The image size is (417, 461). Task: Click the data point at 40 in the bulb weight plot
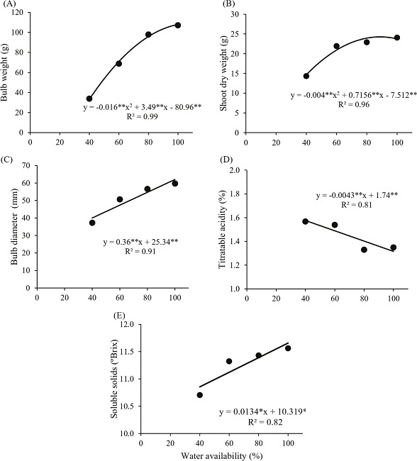click(89, 99)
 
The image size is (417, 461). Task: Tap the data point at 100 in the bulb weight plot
click(178, 25)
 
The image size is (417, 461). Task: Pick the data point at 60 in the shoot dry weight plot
click(337, 46)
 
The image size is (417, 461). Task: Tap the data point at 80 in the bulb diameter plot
click(148, 209)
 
